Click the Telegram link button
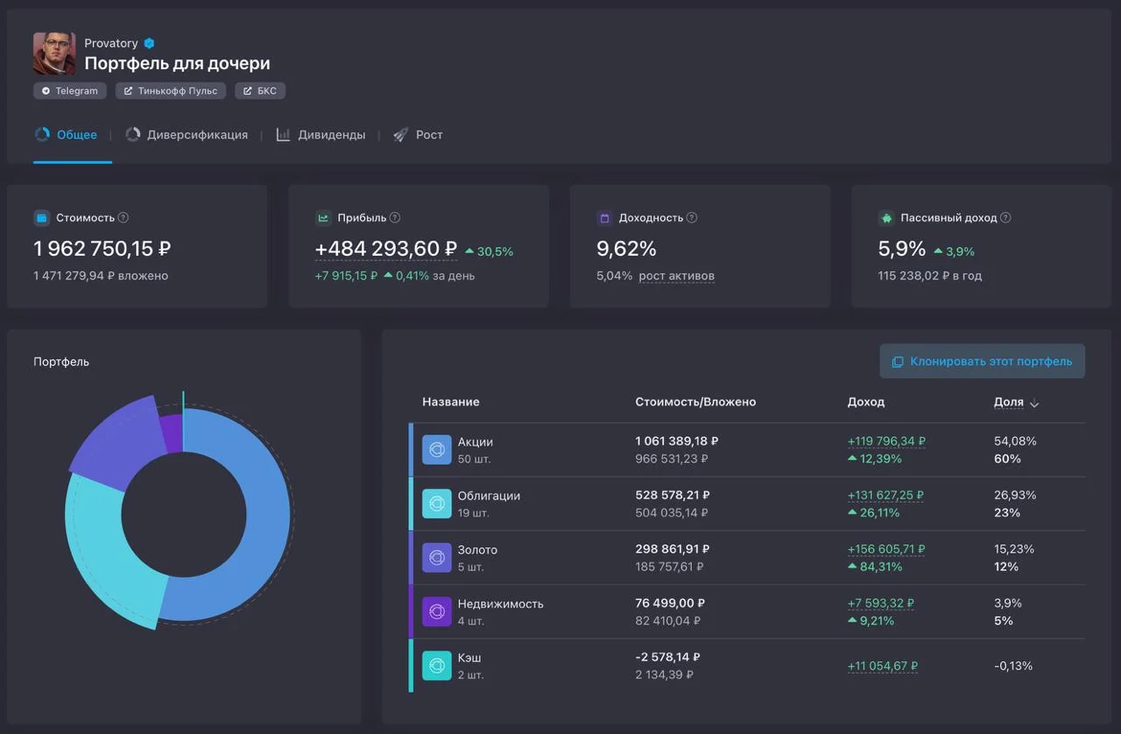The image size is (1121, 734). [x=69, y=90]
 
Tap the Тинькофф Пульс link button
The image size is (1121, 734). [x=171, y=90]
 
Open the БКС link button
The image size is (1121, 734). [x=260, y=90]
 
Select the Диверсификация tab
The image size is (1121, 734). [x=187, y=135]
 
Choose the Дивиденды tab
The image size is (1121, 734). [x=321, y=135]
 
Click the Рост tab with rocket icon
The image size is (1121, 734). [x=418, y=135]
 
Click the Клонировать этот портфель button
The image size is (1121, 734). [x=982, y=361]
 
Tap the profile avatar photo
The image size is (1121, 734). [x=54, y=53]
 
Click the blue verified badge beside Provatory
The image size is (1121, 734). [x=149, y=44]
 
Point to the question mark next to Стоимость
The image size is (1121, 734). [x=123, y=218]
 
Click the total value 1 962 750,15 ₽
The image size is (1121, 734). [x=102, y=249]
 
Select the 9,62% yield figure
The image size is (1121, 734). [x=626, y=249]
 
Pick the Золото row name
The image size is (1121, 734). [x=477, y=550]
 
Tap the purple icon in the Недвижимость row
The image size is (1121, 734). [x=437, y=611]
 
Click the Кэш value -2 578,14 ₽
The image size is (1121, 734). [x=667, y=657]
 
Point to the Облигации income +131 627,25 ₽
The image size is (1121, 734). [x=885, y=495]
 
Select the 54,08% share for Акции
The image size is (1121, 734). [x=1015, y=441]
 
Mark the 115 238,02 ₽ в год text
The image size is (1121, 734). [x=930, y=276]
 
